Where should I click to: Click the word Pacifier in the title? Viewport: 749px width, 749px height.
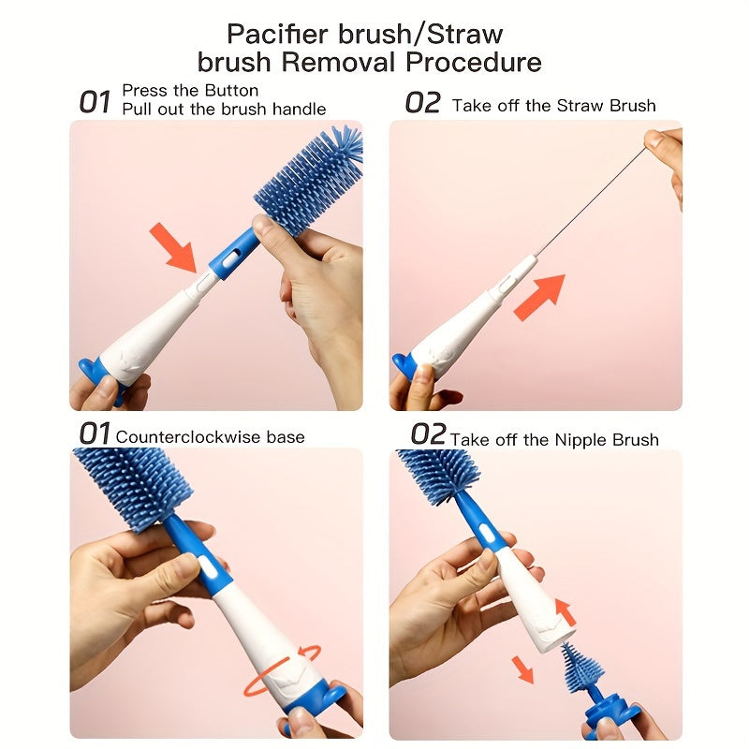[277, 34]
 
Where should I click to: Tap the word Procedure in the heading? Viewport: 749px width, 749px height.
[474, 63]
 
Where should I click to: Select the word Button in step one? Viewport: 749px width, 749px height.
[231, 90]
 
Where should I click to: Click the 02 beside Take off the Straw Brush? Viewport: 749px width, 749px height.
[422, 103]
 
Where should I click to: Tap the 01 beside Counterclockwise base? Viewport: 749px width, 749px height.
[95, 433]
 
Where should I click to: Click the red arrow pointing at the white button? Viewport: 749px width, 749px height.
[173, 247]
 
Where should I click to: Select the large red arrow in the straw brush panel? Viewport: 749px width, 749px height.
[540, 297]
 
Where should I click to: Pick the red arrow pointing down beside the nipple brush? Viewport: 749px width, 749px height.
[522, 669]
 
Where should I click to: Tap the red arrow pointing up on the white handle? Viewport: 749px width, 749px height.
[565, 612]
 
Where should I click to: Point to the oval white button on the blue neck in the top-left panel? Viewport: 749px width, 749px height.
[230, 258]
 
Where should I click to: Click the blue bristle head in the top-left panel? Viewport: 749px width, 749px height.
[308, 180]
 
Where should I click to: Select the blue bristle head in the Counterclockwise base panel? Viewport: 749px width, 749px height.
[133, 488]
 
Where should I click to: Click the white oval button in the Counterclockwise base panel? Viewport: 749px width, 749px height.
[206, 567]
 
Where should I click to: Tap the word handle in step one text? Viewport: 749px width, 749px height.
[299, 110]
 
